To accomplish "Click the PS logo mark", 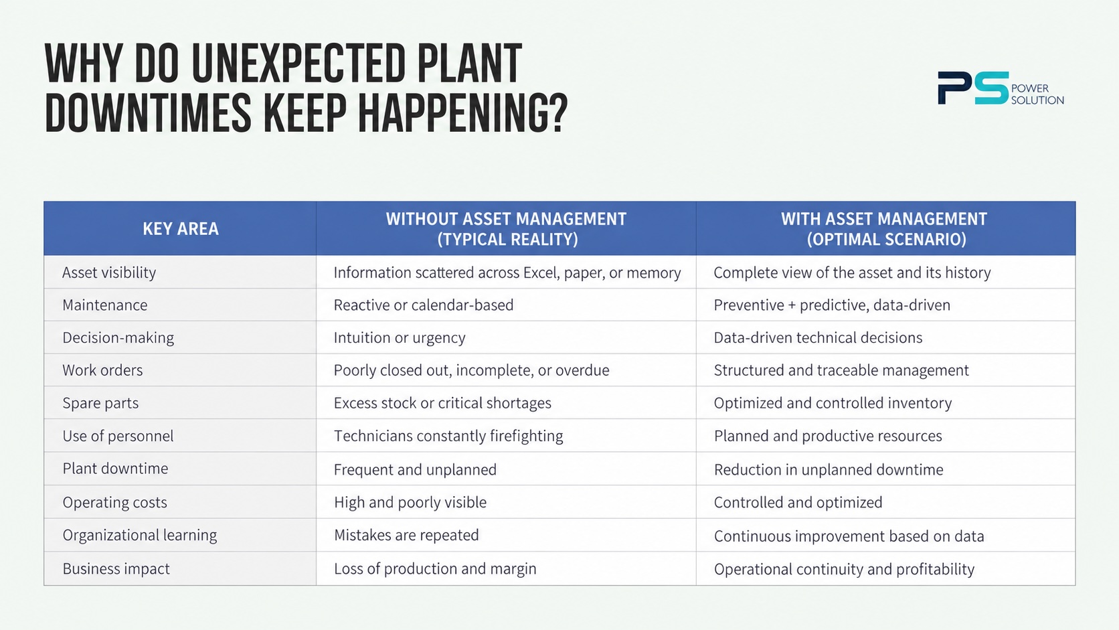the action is pyautogui.click(x=973, y=88).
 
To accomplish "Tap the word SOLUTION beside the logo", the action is pyautogui.click(x=1037, y=100).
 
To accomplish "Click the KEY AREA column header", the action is pyautogui.click(x=180, y=229).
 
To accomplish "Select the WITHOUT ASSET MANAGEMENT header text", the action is pyautogui.click(x=506, y=219).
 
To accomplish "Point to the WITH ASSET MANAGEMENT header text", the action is pyautogui.click(x=883, y=219).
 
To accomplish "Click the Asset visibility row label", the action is pyautogui.click(x=109, y=272).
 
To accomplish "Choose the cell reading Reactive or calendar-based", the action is pyautogui.click(x=423, y=305).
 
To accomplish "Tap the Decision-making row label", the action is pyautogui.click(x=118, y=337).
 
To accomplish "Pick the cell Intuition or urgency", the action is pyautogui.click(x=399, y=337).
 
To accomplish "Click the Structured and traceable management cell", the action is pyautogui.click(x=841, y=370).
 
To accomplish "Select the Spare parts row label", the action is pyautogui.click(x=100, y=403).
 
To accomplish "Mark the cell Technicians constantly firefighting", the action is pyautogui.click(x=448, y=436).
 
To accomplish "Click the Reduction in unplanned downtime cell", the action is pyautogui.click(x=829, y=469).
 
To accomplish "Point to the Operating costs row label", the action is pyautogui.click(x=114, y=502).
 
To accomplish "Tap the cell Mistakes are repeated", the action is pyautogui.click(x=406, y=535).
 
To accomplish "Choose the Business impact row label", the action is pyautogui.click(x=116, y=568).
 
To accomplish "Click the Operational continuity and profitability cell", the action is pyautogui.click(x=844, y=569).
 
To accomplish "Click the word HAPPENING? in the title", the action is pyautogui.click(x=463, y=113).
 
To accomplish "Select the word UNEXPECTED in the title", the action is pyautogui.click(x=298, y=63).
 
